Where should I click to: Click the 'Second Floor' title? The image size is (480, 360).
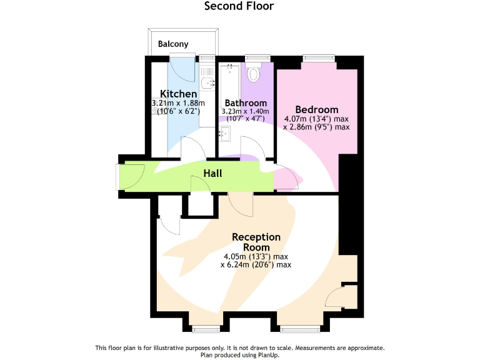point(239,6)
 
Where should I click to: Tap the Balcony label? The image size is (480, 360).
point(173,44)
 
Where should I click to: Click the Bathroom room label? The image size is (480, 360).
point(246,103)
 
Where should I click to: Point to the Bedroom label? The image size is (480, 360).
point(316,109)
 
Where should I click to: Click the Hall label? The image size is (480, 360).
point(212,173)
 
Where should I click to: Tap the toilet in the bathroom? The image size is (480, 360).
point(254,74)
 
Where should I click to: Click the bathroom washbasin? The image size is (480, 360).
point(226,133)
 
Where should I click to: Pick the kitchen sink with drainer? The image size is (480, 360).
point(206,78)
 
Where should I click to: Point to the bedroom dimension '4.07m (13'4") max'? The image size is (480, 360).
point(316,119)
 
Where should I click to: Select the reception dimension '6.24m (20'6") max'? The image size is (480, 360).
point(256,264)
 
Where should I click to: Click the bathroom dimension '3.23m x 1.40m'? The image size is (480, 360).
point(246,111)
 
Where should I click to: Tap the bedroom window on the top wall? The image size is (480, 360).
point(319,58)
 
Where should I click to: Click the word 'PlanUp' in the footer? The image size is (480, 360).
point(267,355)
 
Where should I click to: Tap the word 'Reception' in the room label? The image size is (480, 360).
point(256,237)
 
